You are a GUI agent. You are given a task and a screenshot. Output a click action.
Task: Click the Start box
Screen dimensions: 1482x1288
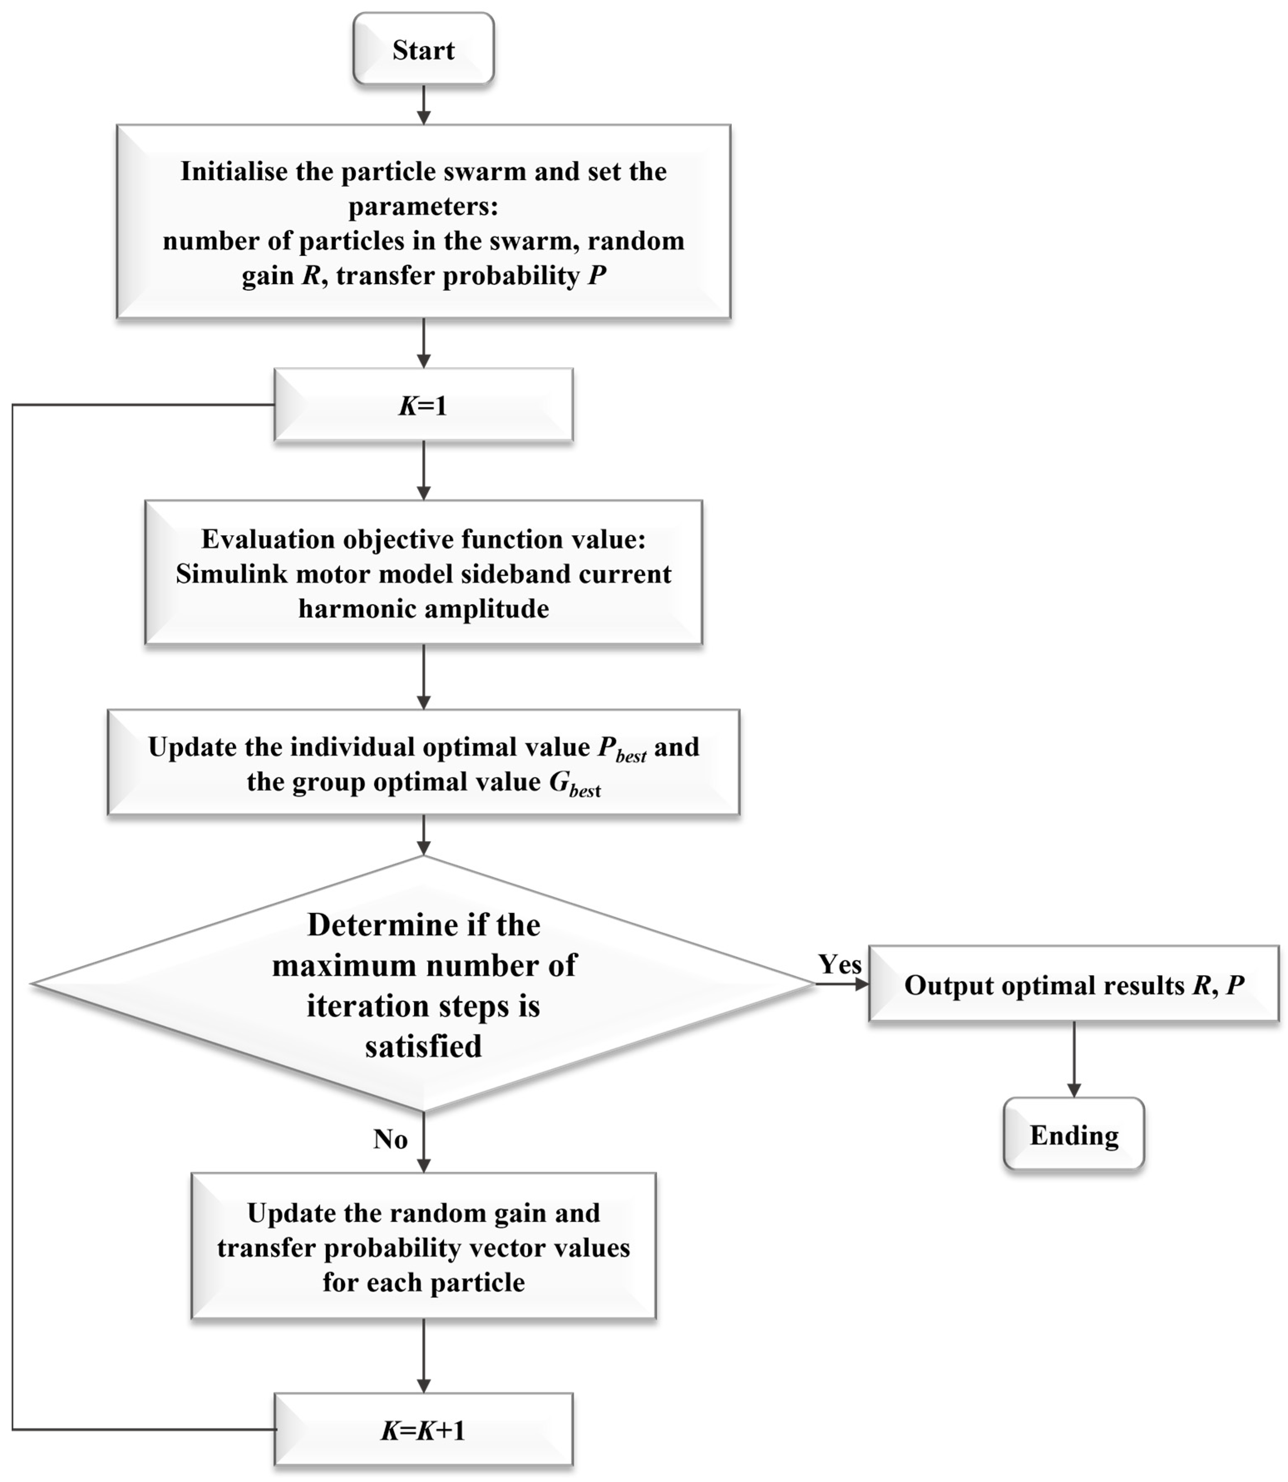tap(424, 49)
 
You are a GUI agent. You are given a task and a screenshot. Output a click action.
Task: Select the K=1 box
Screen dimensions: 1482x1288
tap(424, 405)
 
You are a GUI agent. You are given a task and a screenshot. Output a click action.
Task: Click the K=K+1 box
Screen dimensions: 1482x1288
tap(424, 1430)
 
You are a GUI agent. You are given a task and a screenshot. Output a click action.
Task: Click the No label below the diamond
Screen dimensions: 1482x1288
tap(390, 1139)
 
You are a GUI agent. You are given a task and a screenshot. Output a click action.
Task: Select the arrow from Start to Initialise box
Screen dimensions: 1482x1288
tap(424, 104)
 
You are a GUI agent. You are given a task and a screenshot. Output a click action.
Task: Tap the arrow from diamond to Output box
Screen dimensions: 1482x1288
tap(842, 984)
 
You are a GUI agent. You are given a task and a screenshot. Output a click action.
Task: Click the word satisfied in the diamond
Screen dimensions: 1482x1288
tap(424, 1046)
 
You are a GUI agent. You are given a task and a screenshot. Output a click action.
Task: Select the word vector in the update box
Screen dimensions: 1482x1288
tap(507, 1247)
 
